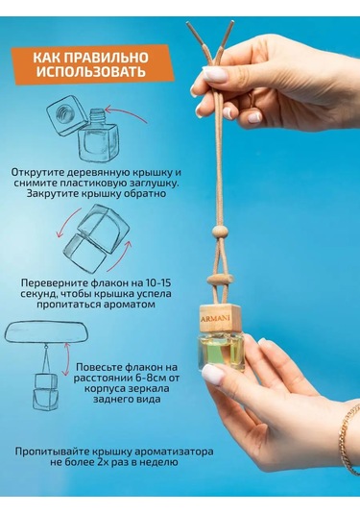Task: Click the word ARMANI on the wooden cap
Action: tap(215, 318)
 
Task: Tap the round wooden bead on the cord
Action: tap(219, 233)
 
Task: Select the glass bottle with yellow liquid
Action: tap(221, 353)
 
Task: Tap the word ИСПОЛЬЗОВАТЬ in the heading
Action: tap(91, 72)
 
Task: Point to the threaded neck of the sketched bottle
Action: tap(98, 114)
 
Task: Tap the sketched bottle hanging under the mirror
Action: tap(45, 392)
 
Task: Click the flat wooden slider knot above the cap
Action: tap(221, 281)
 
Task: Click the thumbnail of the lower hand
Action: tap(212, 373)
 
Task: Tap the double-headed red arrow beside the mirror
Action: tap(67, 359)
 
